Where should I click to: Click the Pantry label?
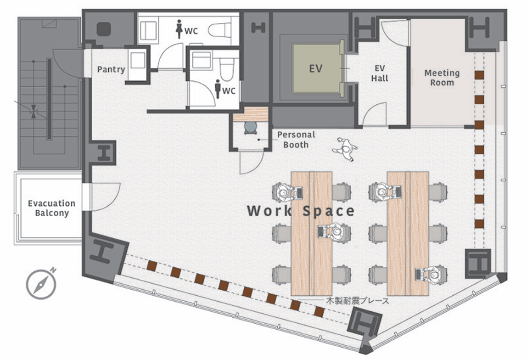pyautogui.click(x=111, y=70)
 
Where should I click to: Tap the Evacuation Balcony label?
pyautogui.click(x=52, y=208)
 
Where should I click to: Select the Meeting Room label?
pyautogui.click(x=442, y=78)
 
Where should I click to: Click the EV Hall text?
pyautogui.click(x=380, y=73)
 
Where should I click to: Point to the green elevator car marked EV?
pyautogui.click(x=316, y=68)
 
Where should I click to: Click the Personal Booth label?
pyautogui.click(x=296, y=140)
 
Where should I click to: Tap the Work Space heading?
pyautogui.click(x=301, y=211)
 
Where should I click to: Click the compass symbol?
pyautogui.click(x=41, y=284)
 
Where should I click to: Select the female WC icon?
pyautogui.click(x=179, y=29)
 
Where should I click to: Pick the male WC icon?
pyautogui.click(x=218, y=89)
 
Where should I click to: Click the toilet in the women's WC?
pyautogui.click(x=220, y=30)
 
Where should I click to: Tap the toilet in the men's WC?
pyautogui.click(x=227, y=69)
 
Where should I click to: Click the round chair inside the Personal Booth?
pyautogui.click(x=250, y=128)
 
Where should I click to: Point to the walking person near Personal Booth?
pyautogui.click(x=345, y=149)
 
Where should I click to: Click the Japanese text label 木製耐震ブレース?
pyautogui.click(x=357, y=301)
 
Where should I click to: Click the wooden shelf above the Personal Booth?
pyautogui.click(x=251, y=114)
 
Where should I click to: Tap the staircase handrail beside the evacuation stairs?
pyautogui.click(x=49, y=99)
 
